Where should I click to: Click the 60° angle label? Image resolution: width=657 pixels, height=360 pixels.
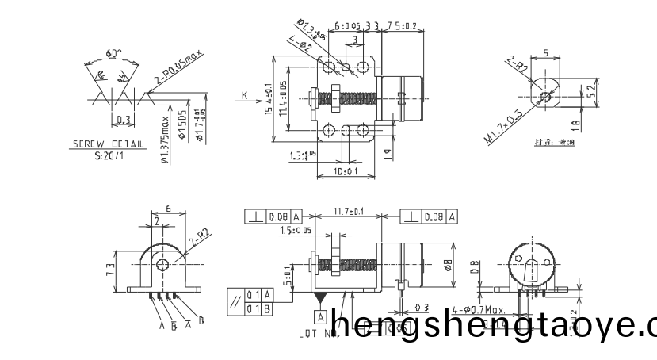click(115, 54)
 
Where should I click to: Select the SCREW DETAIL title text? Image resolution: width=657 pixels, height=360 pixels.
click(98, 145)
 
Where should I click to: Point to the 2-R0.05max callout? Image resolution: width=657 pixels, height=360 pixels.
click(179, 69)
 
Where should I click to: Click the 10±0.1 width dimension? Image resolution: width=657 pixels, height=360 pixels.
click(345, 171)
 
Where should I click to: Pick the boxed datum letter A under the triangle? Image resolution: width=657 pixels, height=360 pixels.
click(321, 316)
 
